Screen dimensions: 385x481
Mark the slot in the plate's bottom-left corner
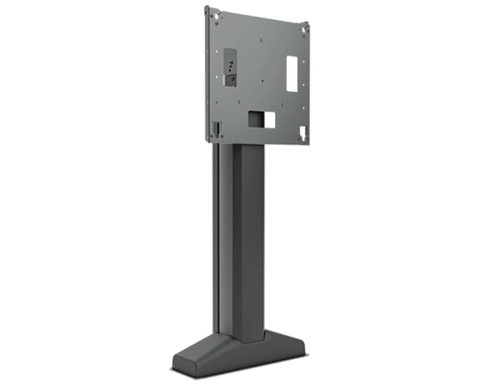213,128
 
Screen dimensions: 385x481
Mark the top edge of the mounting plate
253,10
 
